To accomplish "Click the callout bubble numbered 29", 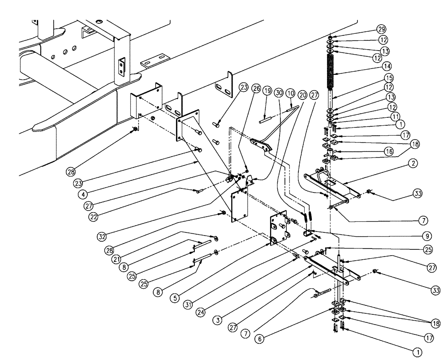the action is tap(381, 29).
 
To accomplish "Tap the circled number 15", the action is tap(388, 78).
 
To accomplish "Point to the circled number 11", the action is tap(396, 116).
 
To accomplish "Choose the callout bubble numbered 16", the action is tap(389, 151).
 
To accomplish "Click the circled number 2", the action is tap(413, 163).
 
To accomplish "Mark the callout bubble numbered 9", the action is tap(427, 236).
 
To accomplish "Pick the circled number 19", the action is tap(267, 91).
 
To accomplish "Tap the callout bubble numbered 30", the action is tap(279, 93).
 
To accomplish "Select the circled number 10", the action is tap(290, 93).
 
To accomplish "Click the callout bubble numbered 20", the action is tap(302, 95).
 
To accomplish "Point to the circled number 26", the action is tap(256, 89).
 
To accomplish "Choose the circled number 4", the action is tap(83, 195).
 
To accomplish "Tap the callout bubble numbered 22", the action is tap(93, 217).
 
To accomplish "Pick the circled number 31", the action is tap(187, 305).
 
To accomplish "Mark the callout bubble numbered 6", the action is tap(259, 339).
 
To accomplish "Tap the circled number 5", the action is tap(175, 298).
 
